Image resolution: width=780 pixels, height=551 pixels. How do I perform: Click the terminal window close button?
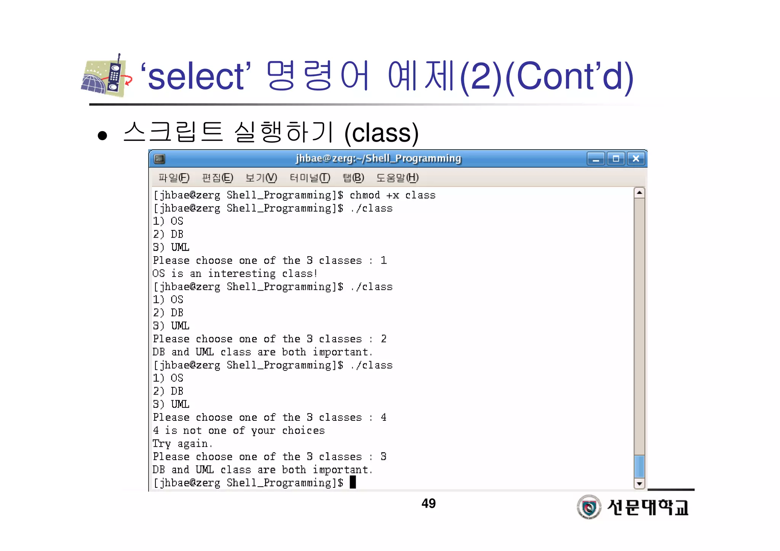636,158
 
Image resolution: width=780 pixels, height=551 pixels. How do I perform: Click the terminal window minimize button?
596,158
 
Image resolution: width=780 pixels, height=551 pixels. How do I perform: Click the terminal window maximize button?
616,158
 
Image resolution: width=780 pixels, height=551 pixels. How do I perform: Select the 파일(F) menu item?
174,178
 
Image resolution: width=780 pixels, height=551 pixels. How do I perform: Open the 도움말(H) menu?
397,178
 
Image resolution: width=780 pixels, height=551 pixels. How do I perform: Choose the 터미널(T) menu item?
310,178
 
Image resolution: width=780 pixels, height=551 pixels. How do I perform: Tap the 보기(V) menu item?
261,178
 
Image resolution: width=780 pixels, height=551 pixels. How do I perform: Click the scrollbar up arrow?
639,193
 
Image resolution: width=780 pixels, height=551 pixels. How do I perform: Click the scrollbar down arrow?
639,484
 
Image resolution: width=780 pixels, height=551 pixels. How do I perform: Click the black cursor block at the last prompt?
353,482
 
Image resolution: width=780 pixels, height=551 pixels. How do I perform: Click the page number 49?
428,503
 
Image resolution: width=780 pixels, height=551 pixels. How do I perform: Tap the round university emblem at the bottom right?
589,507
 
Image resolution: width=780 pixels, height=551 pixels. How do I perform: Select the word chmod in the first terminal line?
364,195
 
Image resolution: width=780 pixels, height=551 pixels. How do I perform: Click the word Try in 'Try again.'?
161,444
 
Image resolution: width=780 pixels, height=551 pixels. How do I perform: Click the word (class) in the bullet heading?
381,133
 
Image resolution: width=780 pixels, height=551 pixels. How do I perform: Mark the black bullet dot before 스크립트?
102,136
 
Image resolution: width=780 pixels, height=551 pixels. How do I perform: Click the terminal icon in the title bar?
159,158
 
